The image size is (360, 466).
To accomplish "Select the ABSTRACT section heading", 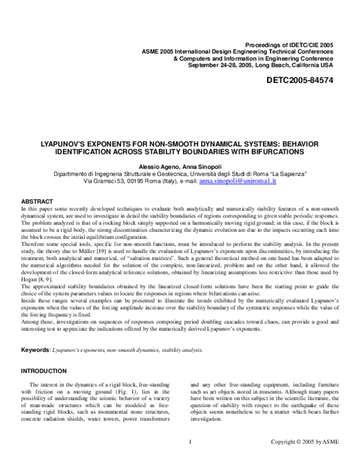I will [x=38, y=201].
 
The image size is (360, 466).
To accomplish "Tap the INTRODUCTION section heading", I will [x=44, y=371].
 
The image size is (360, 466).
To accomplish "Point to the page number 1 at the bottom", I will [x=190, y=459].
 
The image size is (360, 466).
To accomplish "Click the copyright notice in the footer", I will [x=305, y=459].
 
